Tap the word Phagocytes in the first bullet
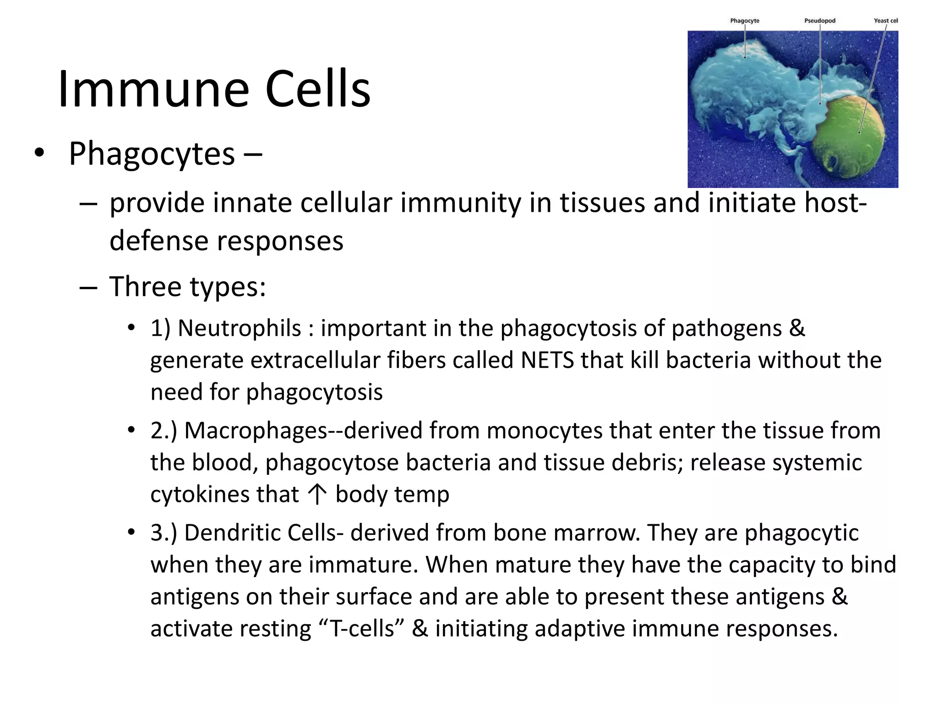click(x=152, y=154)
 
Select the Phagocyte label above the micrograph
click(x=744, y=21)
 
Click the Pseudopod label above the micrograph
click(x=820, y=21)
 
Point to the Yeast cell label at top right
click(x=885, y=21)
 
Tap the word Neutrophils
click(x=239, y=328)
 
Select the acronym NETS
click(x=547, y=360)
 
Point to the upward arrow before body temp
click(x=317, y=495)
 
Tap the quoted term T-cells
click(x=362, y=628)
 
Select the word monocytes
click(x=544, y=431)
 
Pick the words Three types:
click(x=187, y=287)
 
